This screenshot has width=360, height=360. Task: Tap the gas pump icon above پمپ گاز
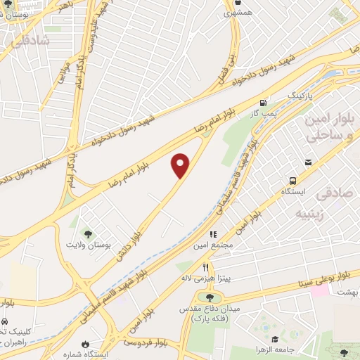click(263, 101)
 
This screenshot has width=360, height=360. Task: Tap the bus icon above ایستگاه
click(308, 162)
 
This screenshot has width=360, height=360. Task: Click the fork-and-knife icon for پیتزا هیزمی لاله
click(205, 267)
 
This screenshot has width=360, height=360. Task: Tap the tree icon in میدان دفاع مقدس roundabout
click(209, 297)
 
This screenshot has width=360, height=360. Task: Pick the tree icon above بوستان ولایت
click(88, 233)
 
